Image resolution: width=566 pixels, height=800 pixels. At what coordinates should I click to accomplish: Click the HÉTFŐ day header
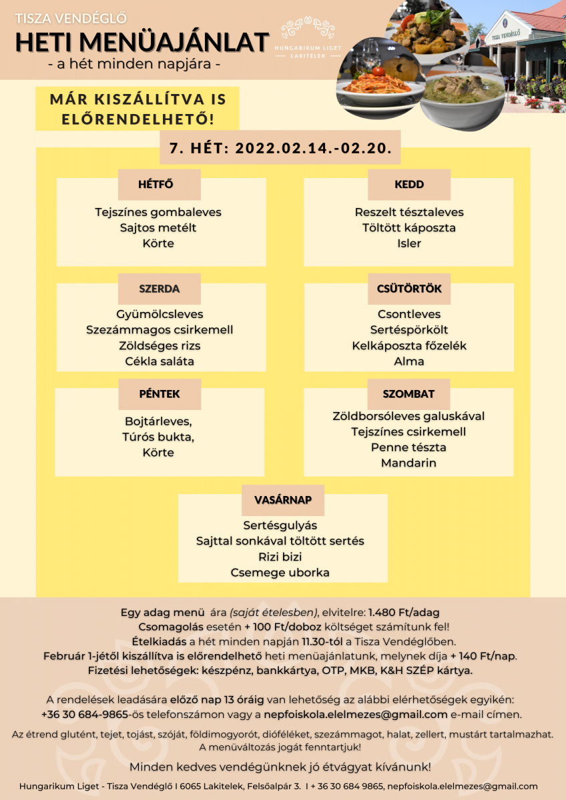tap(160, 185)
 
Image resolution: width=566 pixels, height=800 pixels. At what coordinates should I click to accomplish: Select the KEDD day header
tap(409, 185)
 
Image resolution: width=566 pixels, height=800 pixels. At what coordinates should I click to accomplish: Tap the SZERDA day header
tap(160, 289)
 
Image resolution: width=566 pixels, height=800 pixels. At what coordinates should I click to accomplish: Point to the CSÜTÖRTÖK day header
tap(409, 289)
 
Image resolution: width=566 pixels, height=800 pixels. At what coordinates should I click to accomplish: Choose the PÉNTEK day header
tap(160, 394)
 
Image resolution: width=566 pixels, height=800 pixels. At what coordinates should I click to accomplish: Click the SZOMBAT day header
tap(409, 394)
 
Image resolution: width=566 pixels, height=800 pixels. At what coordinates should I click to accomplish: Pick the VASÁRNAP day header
tap(282, 499)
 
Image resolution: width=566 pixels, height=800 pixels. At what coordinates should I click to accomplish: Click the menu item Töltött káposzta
tap(409, 228)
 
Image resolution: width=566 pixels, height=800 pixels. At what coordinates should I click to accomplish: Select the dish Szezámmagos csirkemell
tap(160, 330)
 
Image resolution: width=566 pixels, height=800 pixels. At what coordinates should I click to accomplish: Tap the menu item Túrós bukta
tap(160, 437)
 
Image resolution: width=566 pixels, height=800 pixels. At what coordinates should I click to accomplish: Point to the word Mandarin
tap(409, 463)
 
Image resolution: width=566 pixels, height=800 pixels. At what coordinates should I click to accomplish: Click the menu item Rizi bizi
tap(280, 557)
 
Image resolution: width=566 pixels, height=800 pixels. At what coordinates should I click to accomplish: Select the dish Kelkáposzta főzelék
tap(409, 346)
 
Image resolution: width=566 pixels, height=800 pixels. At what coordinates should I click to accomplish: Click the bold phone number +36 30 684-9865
tap(84, 715)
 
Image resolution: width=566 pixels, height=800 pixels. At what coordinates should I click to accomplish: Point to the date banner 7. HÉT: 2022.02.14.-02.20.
tap(280, 147)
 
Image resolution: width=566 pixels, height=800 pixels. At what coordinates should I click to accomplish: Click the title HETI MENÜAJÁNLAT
tap(142, 41)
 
